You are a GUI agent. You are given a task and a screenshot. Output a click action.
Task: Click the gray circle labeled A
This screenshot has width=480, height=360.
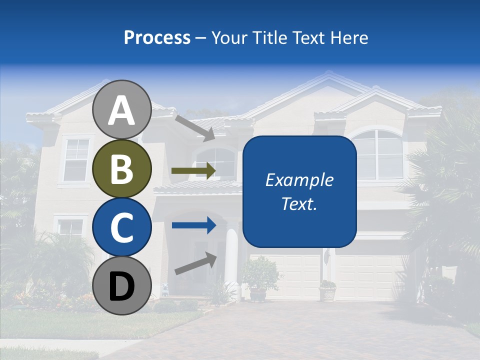click(121, 110)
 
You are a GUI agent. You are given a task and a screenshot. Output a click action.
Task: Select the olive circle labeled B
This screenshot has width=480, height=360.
click(121, 168)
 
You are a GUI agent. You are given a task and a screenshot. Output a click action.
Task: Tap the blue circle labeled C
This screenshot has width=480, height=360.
click(121, 227)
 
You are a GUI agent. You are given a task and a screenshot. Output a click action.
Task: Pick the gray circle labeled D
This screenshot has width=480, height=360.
click(121, 285)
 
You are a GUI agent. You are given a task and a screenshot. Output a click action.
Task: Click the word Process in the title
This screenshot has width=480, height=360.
click(157, 38)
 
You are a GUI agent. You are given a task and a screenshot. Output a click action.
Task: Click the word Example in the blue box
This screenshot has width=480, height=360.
click(299, 180)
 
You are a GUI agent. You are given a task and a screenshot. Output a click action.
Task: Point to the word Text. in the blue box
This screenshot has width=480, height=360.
click(299, 203)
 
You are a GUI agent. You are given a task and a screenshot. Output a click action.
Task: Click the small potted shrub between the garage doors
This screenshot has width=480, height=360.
click(327, 290)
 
